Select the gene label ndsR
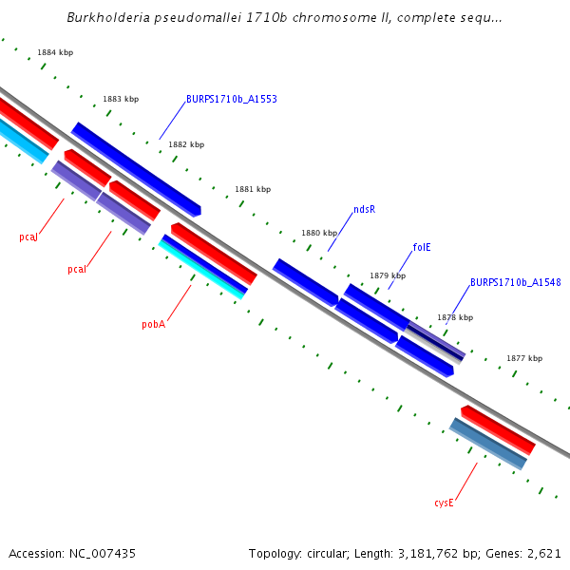click(x=364, y=209)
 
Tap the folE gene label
click(x=422, y=247)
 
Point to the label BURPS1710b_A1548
click(x=515, y=282)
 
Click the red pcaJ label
click(x=28, y=237)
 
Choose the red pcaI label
click(x=77, y=270)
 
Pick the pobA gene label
click(x=154, y=324)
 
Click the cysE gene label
click(x=445, y=503)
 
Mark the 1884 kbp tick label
click(x=55, y=53)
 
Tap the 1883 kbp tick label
click(x=121, y=99)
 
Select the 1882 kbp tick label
click(x=186, y=144)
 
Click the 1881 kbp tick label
click(x=253, y=189)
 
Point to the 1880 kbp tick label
click(x=319, y=233)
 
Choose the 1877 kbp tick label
click(x=524, y=358)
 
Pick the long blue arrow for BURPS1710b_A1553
click(x=136, y=168)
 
